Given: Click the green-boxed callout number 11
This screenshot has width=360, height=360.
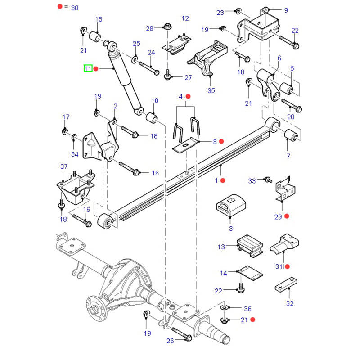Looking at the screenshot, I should pyautogui.click(x=87, y=68).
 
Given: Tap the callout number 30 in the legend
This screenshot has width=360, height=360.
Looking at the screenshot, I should pyautogui.click(x=75, y=8).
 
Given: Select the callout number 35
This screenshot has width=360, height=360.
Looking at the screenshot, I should pyautogui.click(x=211, y=90).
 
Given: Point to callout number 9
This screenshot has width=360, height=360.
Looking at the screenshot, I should pyautogui.click(x=286, y=10).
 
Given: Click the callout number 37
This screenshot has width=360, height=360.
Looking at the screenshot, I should pyautogui.click(x=64, y=167).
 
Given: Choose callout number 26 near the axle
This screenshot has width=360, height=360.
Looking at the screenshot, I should pyautogui.click(x=170, y=341).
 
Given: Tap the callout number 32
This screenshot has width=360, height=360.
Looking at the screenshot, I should pyautogui.click(x=289, y=303).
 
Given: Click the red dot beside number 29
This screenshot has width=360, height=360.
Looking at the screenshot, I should pyautogui.click(x=287, y=216).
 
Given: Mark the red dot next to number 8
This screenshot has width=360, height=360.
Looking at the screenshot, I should pyautogui.click(x=221, y=141).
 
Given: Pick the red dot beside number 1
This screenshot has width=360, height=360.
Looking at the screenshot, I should pyautogui.click(x=223, y=180).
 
